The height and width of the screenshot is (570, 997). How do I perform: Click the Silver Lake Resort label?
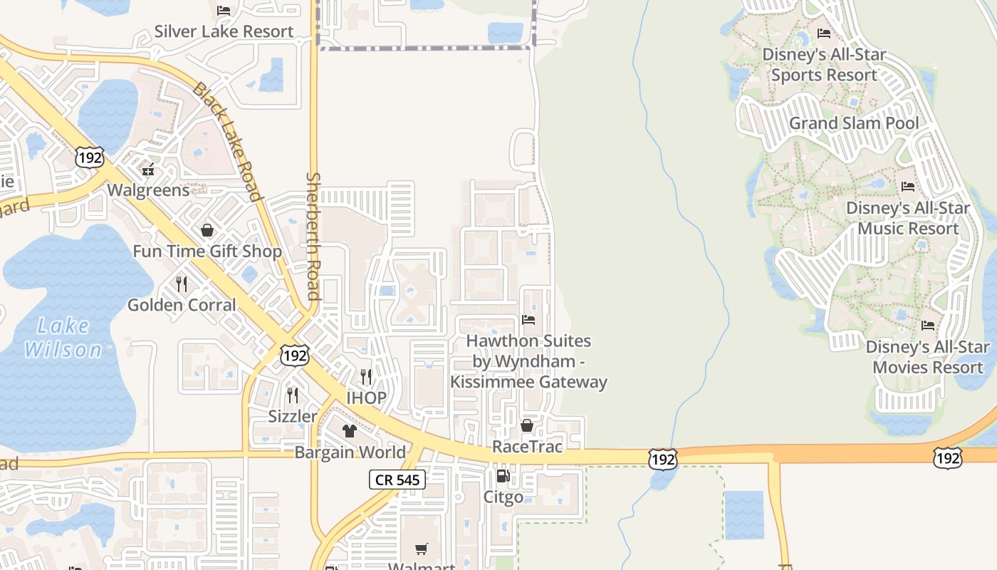coord(224,31)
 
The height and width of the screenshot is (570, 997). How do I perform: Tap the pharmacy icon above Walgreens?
coord(148,170)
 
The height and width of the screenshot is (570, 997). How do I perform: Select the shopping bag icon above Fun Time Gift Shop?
coord(207,230)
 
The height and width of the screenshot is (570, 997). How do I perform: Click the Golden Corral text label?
coord(182,305)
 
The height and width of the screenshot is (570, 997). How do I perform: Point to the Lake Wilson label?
coord(63,338)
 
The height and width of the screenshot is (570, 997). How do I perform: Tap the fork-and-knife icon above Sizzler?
coord(293,394)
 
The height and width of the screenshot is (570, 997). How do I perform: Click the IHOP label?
coord(366,398)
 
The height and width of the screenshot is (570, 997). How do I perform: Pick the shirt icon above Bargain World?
coord(350,430)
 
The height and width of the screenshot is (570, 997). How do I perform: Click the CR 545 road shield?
coord(397,480)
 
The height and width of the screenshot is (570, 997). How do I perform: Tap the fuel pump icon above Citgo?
coord(503,476)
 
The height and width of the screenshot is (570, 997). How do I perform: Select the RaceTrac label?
coord(527,447)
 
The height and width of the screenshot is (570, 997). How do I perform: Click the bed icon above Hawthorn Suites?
coord(528,320)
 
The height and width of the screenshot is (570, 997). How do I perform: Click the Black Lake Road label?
coord(227,141)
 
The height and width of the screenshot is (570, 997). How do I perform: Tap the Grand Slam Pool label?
coord(853,123)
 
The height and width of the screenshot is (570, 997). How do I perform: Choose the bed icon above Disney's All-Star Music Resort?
coord(908,187)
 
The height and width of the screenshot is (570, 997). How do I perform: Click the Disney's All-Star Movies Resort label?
coord(927,357)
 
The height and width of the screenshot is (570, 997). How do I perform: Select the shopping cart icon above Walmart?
coord(422,549)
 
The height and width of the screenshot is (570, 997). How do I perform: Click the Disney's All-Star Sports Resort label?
coord(824,65)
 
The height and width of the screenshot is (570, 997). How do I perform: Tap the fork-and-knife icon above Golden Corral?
coord(182,284)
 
